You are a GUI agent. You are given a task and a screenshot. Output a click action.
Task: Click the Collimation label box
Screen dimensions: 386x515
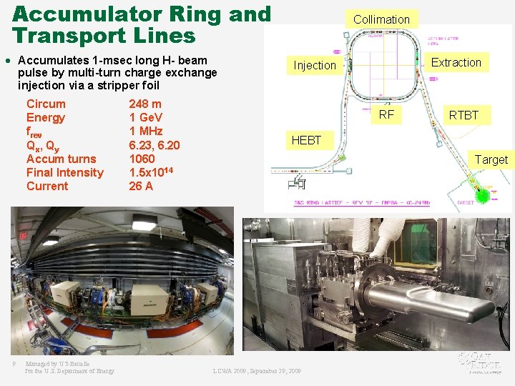[x=381, y=19]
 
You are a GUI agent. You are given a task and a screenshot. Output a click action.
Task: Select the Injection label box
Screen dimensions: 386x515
[x=314, y=65]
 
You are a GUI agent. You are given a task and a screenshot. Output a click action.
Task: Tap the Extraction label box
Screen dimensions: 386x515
[x=456, y=62]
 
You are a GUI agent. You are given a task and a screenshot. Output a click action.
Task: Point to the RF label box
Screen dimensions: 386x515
[x=386, y=114]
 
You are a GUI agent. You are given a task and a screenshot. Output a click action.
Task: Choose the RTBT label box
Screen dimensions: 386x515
[x=463, y=114]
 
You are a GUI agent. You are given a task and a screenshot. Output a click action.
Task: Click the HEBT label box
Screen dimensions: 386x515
[x=306, y=140]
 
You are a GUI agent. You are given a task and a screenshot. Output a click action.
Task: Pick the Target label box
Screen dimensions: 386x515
[x=491, y=159]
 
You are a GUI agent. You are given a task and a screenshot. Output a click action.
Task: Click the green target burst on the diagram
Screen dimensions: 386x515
[x=486, y=194]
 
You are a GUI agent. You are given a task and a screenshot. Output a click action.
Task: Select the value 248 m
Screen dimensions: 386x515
[x=145, y=104]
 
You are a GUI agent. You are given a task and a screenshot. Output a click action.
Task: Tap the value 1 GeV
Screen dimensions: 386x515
[x=146, y=117]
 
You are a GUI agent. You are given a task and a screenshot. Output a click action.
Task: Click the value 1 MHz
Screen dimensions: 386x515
[x=146, y=131]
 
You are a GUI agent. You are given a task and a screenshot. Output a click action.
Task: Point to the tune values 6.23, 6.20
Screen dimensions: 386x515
[x=154, y=145]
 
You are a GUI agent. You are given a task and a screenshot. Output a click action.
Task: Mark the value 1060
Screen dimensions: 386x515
[x=142, y=159]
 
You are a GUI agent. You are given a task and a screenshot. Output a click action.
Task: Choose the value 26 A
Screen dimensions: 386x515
[x=141, y=186]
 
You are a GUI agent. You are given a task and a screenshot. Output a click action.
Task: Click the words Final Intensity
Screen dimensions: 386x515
[x=64, y=172]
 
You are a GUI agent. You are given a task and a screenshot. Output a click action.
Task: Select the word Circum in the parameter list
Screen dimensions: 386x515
[x=46, y=104]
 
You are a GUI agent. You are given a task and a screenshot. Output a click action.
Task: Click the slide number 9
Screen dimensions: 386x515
[x=14, y=365]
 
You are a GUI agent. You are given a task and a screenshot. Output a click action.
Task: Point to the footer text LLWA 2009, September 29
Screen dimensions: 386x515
[x=257, y=371]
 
